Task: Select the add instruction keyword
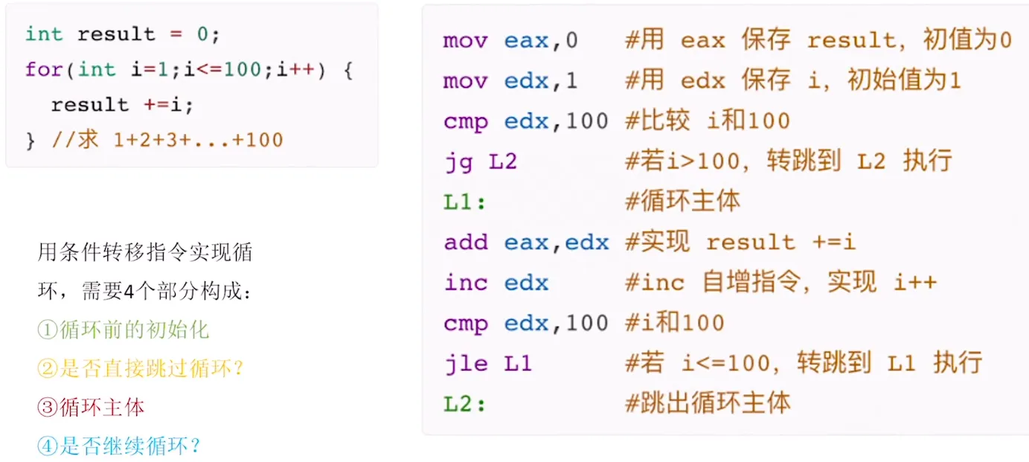(x=466, y=243)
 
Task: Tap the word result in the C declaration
(x=116, y=34)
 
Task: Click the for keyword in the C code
(x=43, y=70)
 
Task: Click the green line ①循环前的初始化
(x=123, y=330)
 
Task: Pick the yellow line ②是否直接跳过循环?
(x=141, y=368)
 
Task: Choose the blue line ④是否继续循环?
(x=118, y=446)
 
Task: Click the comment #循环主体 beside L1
(x=682, y=202)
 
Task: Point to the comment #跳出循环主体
(x=708, y=404)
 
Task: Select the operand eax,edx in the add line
(x=557, y=243)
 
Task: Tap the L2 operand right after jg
(x=503, y=161)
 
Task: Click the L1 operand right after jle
(x=518, y=364)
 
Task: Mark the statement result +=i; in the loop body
(x=122, y=105)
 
